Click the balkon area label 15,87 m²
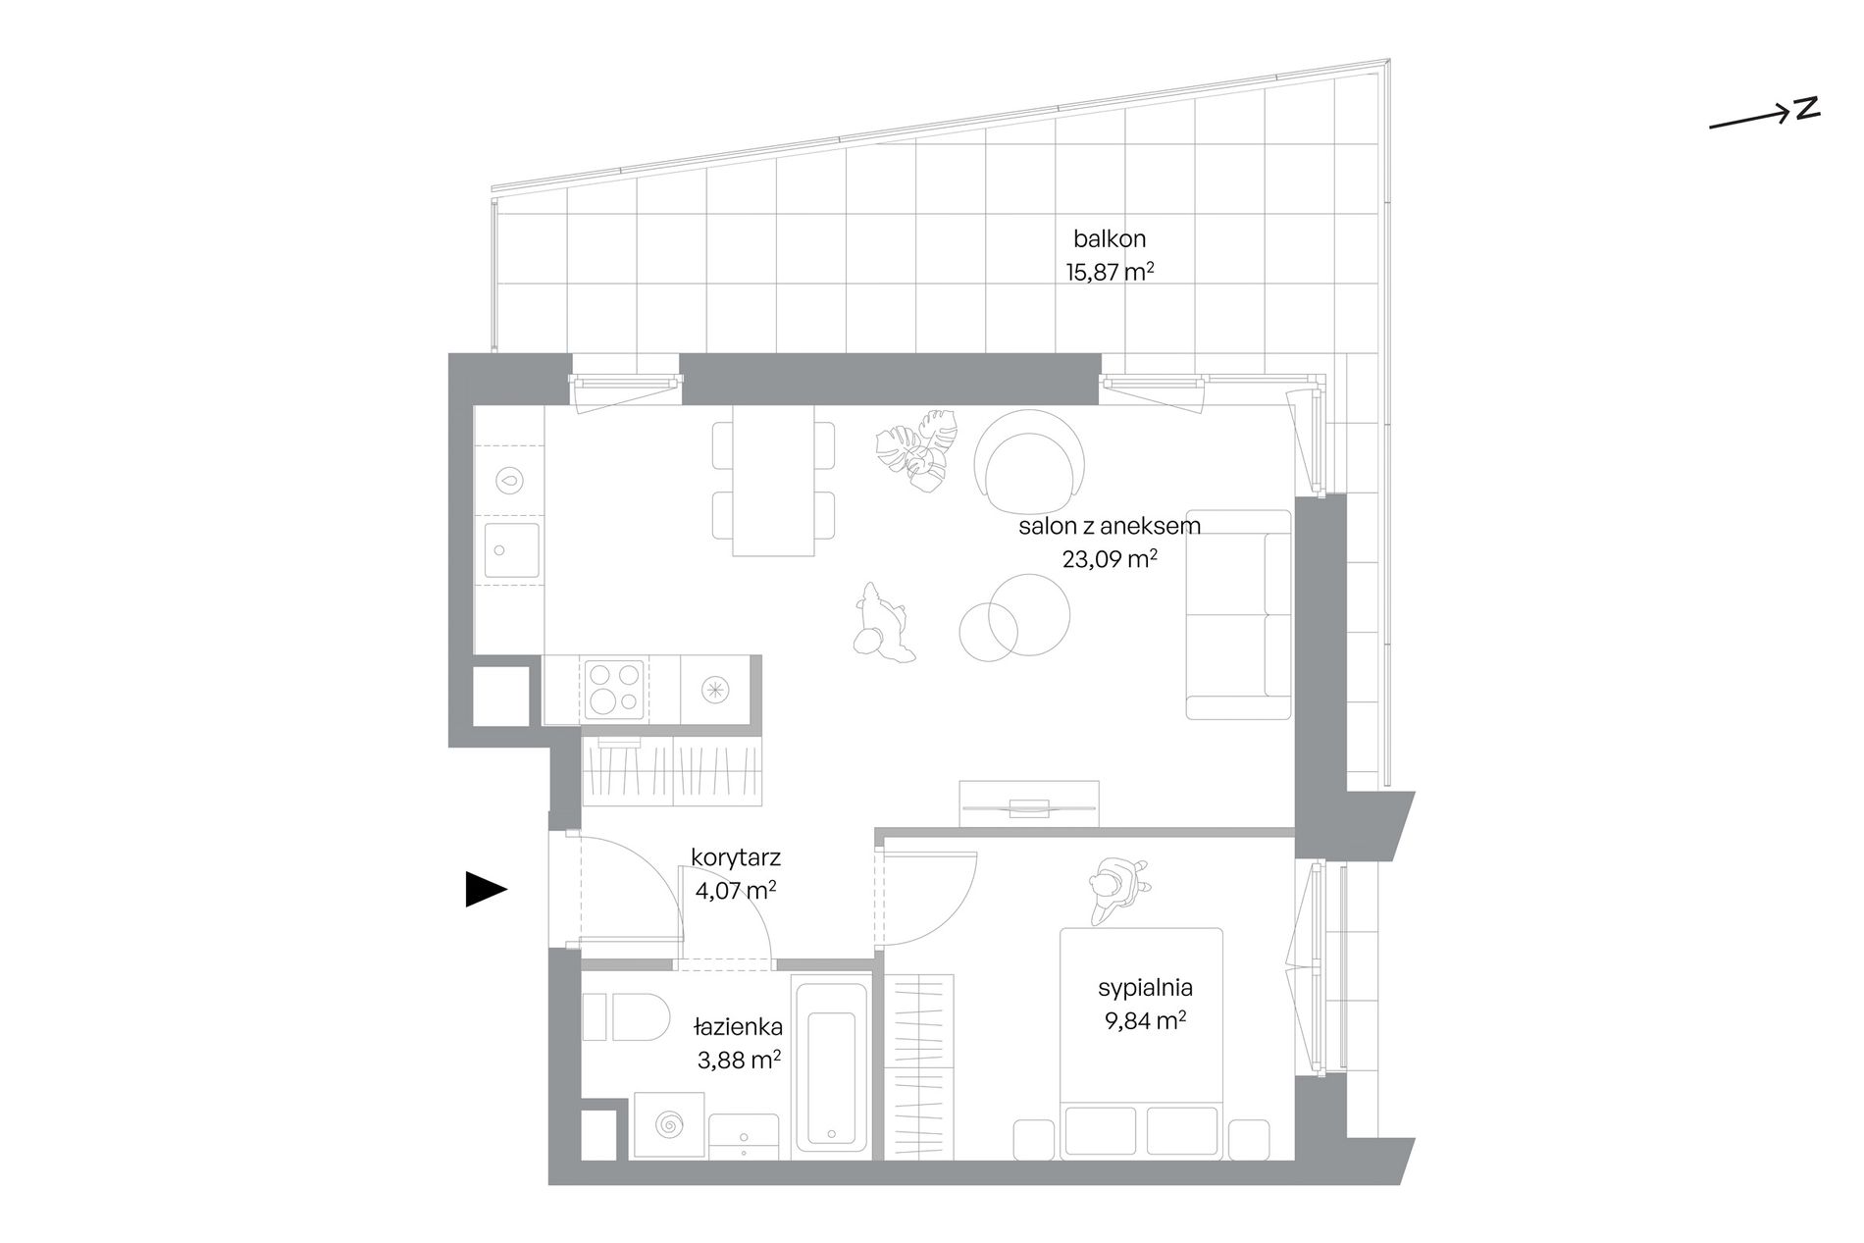point(1110,272)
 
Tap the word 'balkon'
point(1110,238)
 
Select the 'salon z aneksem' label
point(1110,526)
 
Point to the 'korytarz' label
point(736,857)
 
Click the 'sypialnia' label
point(1145,988)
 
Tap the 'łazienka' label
point(738,1027)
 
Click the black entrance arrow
point(486,890)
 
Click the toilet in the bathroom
point(625,1016)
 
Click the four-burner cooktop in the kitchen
point(614,688)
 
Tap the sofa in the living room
point(1239,614)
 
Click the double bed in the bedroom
point(1141,1041)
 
